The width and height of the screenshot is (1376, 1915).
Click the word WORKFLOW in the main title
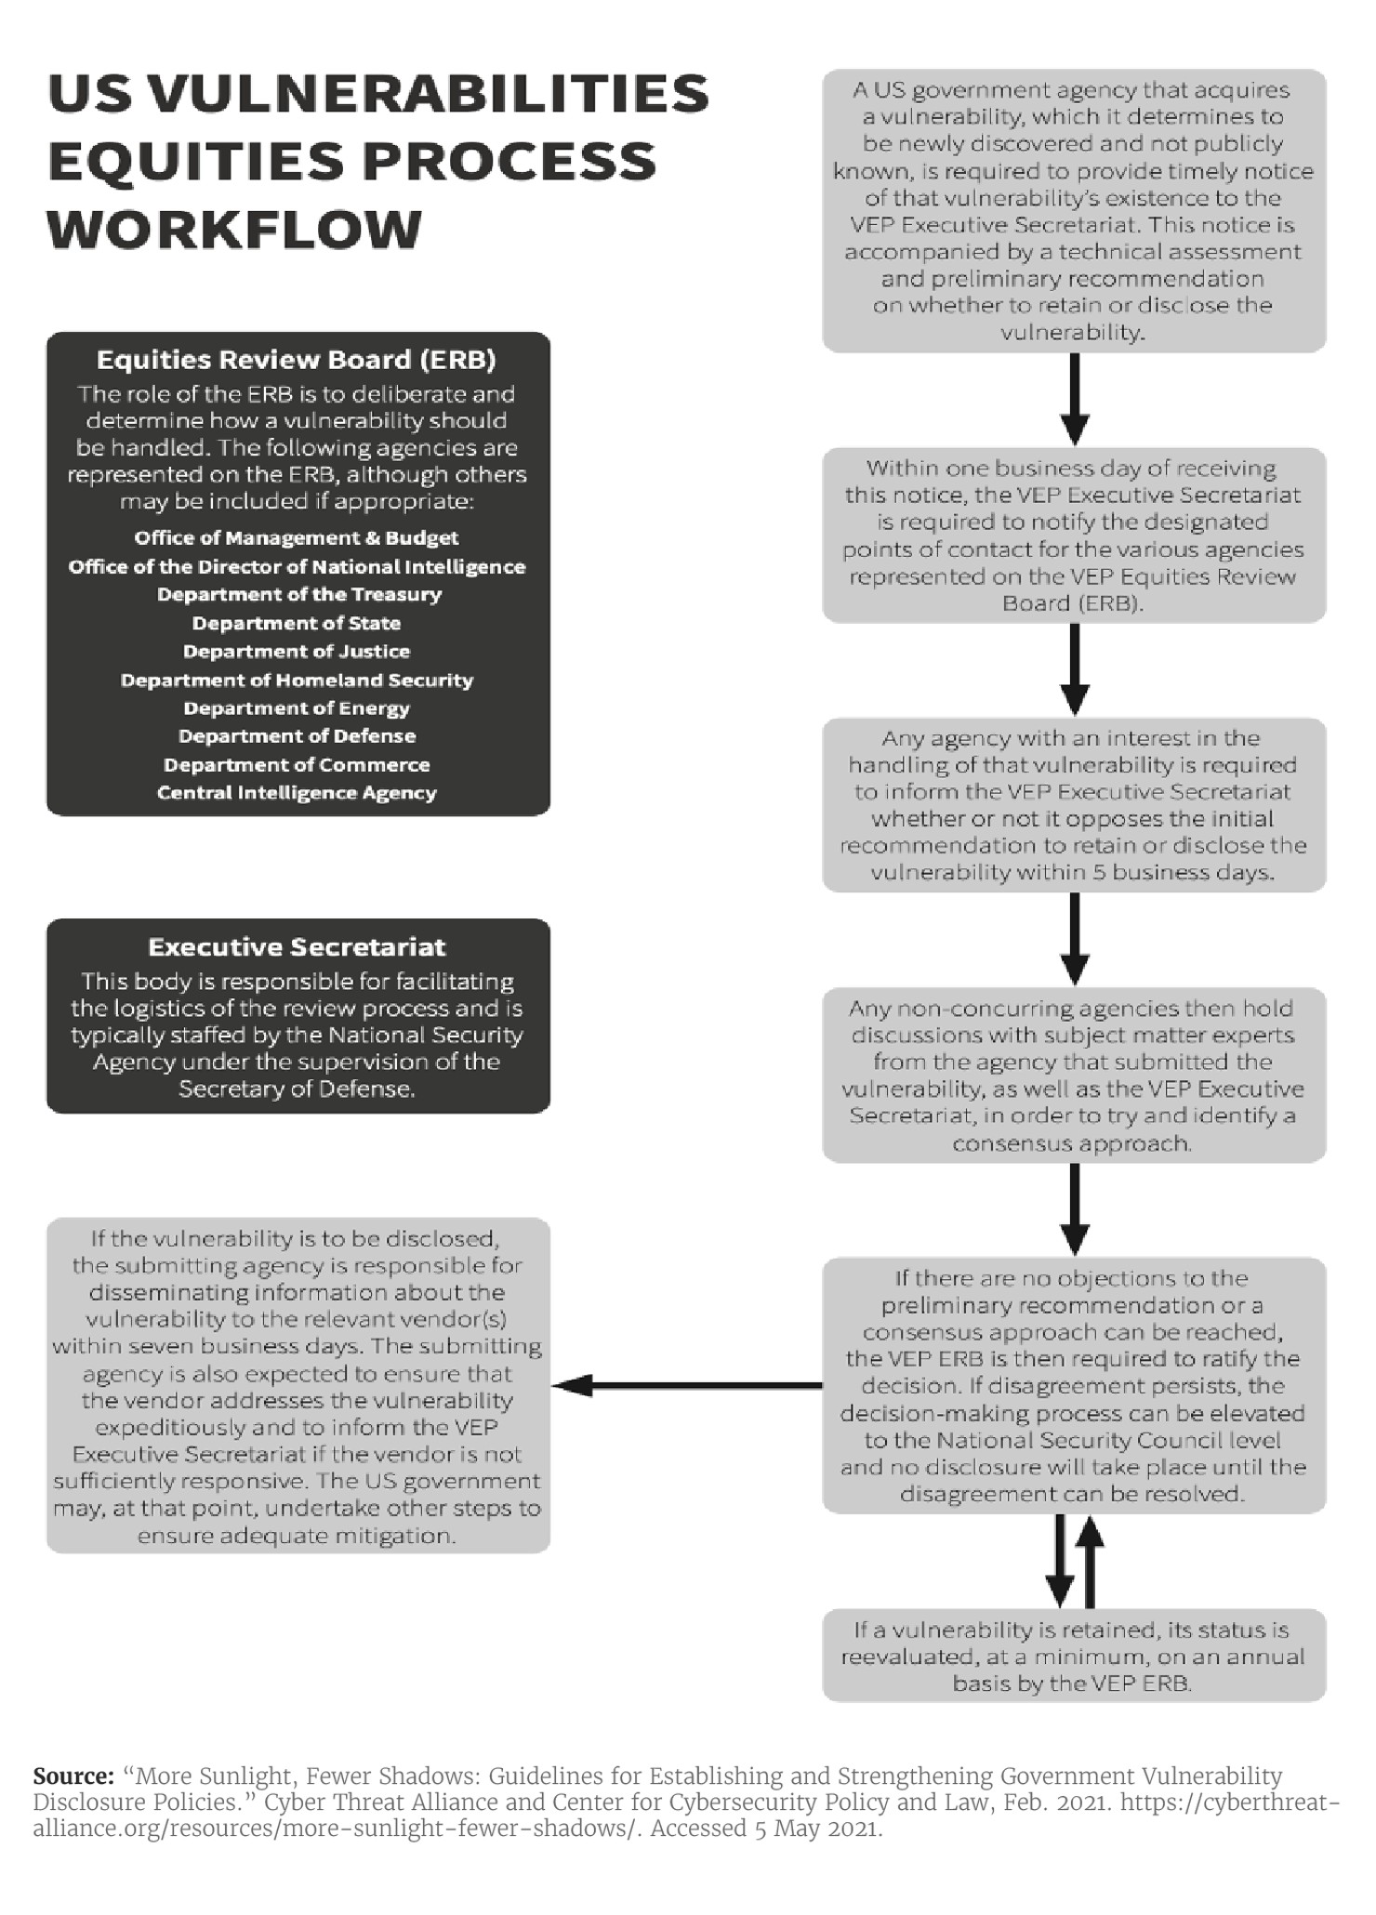coord(234,230)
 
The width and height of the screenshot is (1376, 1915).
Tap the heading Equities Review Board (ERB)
coord(297,360)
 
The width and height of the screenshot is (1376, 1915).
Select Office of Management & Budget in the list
coord(297,538)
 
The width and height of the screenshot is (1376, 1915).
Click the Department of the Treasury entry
coord(298,595)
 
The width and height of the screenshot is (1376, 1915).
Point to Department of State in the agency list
coord(297,624)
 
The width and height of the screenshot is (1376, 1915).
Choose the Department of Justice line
coord(297,652)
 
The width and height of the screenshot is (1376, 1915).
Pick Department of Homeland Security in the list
coord(297,680)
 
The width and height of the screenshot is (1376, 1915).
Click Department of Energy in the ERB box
coord(297,708)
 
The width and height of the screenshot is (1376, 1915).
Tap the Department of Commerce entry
coord(297,765)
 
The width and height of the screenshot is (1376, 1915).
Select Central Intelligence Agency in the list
coord(297,793)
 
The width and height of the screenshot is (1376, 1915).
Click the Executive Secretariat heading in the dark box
coord(297,947)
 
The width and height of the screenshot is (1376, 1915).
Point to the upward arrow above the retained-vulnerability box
coord(1091,1561)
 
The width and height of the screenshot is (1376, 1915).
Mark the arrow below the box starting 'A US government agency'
coord(1075,400)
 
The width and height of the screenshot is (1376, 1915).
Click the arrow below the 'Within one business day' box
coord(1075,669)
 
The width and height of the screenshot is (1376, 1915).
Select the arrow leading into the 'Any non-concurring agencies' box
coord(1075,939)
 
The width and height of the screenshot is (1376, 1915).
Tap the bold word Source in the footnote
coord(73,1776)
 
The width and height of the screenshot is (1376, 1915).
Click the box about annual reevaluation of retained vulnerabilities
coord(1074,1656)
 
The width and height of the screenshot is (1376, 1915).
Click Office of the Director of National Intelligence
coord(297,567)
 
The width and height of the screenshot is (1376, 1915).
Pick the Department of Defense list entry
coord(297,736)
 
